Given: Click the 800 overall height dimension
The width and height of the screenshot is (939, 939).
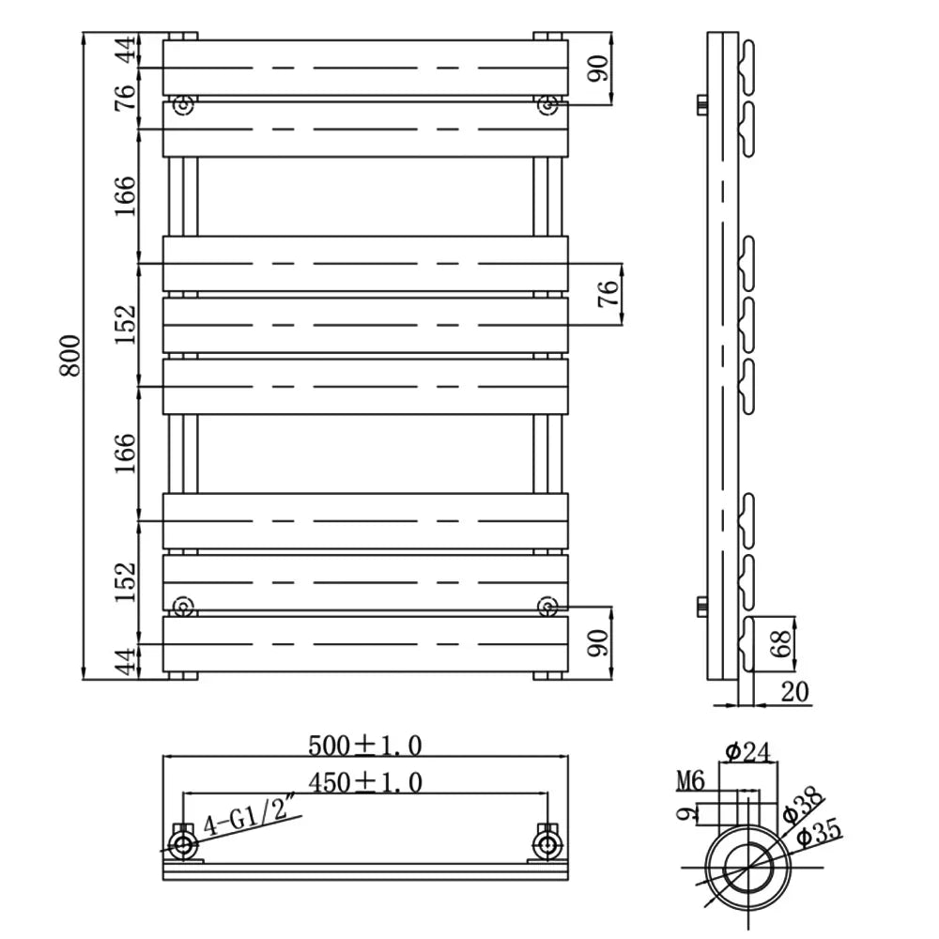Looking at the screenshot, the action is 70,356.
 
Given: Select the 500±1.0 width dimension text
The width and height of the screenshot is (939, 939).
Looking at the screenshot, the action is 364,746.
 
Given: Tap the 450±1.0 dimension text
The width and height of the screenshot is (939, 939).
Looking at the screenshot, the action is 364,782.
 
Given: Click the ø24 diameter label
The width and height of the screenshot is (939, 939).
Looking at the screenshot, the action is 747,751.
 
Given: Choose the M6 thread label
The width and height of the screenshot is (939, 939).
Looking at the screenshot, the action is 690,781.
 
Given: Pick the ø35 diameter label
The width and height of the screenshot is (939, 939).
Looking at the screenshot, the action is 819,831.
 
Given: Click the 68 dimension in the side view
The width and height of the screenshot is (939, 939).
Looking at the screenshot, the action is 781,643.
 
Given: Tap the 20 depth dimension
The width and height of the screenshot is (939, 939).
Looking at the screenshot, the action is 794,692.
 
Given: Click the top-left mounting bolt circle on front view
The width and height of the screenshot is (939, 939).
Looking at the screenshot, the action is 183,105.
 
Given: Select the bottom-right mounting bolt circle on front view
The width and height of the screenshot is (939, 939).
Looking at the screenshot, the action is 547,607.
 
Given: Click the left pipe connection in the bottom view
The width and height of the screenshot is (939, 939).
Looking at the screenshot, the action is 183,845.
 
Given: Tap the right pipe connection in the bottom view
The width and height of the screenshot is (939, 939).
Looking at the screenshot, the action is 547,845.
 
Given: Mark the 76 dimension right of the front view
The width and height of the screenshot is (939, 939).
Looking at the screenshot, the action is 608,293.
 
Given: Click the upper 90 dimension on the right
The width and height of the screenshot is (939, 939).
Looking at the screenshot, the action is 598,68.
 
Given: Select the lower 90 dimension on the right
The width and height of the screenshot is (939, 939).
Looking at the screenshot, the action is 598,642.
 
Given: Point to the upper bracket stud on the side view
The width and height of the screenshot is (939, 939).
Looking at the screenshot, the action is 701,105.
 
